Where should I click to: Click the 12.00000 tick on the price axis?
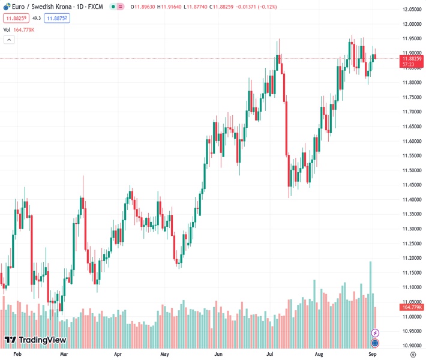point(412,24)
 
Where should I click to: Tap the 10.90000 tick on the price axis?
point(412,346)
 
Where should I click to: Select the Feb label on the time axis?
point(17,355)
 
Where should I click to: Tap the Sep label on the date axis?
point(372,355)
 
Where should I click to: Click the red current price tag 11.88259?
point(412,59)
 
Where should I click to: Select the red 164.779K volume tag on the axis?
point(412,307)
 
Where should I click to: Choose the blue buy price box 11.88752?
point(56,19)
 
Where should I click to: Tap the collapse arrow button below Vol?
point(9,40)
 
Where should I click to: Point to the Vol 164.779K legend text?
point(19,29)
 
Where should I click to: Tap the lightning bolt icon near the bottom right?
point(376,333)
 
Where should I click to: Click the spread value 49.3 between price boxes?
point(36,19)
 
